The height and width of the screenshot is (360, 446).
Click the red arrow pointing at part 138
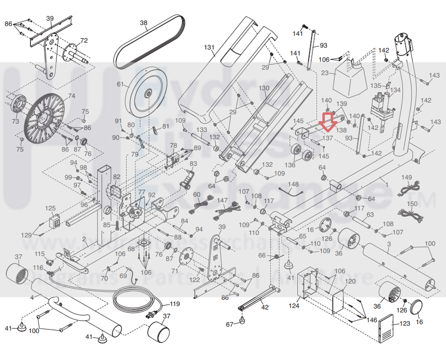(x=327, y=122)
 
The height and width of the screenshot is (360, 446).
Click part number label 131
(x=210, y=47)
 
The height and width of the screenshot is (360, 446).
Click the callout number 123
(x=405, y=324)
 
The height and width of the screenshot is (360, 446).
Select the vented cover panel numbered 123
(x=386, y=328)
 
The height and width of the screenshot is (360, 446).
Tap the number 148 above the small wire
(x=293, y=184)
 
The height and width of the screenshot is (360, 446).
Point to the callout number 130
(x=264, y=88)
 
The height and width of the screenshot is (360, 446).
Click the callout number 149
(x=407, y=178)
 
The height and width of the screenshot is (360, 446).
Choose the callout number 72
(x=84, y=40)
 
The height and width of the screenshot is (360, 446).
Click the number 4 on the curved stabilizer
(x=32, y=297)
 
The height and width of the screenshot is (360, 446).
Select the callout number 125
(x=51, y=209)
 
